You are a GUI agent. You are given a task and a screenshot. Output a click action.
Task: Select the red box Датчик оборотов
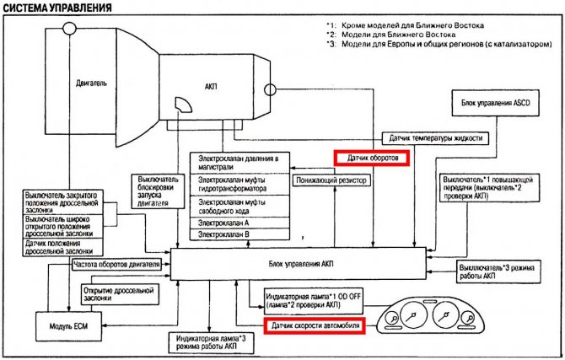click(372, 158)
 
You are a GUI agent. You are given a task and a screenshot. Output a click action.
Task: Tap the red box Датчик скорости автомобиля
click(314, 325)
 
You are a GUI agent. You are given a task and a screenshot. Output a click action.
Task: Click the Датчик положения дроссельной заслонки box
click(62, 245)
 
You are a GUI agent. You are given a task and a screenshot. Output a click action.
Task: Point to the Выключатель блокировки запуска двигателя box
click(158, 191)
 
